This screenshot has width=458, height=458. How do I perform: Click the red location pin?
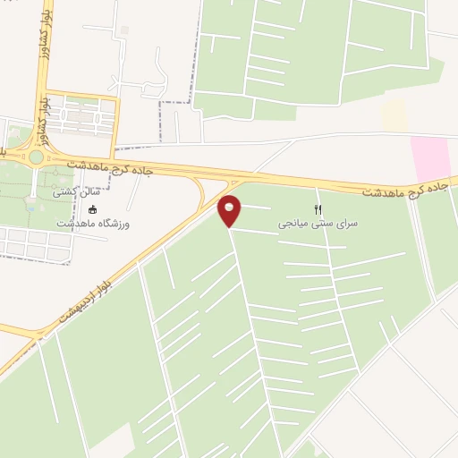coord(230,210)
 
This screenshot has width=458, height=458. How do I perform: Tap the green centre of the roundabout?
coord(36,157)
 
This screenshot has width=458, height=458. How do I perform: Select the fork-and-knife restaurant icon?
coord(317,208)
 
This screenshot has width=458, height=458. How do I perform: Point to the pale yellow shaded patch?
coord(394,114)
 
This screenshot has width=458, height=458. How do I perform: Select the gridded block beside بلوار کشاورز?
coord(81,114)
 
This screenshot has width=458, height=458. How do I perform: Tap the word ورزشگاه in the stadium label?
coord(112,224)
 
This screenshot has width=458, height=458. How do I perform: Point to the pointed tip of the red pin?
coord(230,226)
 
